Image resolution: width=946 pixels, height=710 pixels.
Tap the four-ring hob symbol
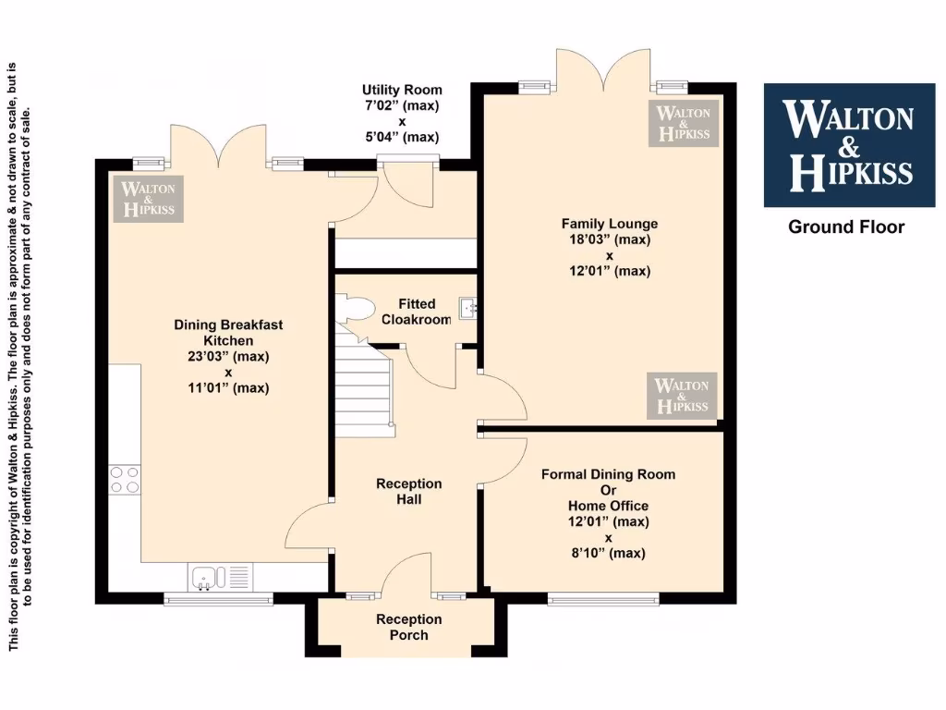126,479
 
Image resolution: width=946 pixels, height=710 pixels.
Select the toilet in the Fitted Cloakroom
353,309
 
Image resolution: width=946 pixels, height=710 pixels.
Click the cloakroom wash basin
467,307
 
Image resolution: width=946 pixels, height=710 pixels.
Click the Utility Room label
401,90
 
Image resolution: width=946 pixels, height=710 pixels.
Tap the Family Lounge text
610,224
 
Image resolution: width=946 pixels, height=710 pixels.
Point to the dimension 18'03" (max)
610,239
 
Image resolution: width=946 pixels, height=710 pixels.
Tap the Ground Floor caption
845,226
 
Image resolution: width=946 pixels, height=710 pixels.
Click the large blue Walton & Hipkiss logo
847,145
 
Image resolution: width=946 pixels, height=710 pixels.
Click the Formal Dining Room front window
602,599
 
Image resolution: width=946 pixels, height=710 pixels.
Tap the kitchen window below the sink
218,599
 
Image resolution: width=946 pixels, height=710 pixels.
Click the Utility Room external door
409,165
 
